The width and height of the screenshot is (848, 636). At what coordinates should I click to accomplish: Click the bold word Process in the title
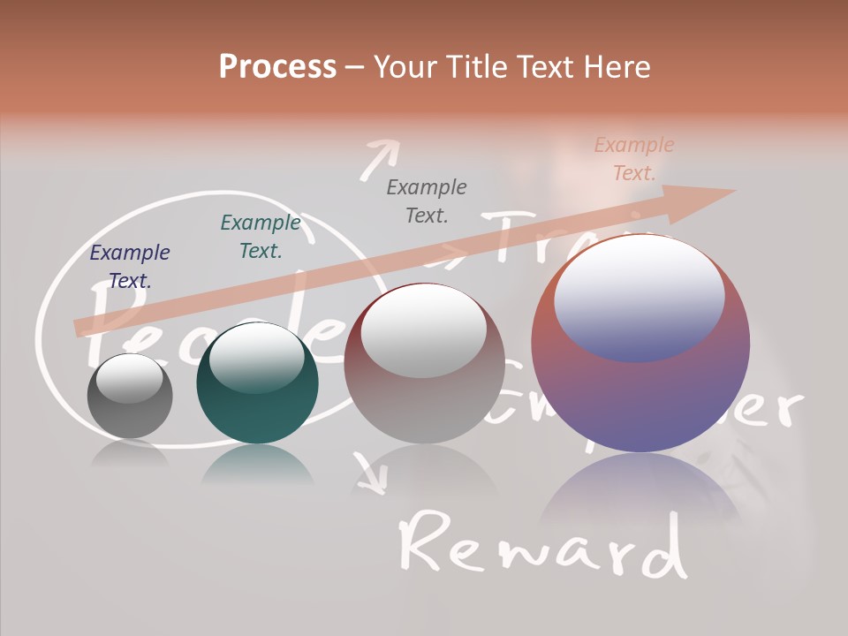(277, 67)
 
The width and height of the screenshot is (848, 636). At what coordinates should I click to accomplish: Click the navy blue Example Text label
(130, 267)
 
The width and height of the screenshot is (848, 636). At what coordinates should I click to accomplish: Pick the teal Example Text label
(260, 237)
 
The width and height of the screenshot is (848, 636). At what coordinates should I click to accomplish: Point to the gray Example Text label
(426, 201)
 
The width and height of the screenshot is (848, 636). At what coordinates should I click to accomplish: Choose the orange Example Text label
(633, 159)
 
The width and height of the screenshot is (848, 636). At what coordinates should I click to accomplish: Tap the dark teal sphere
(257, 384)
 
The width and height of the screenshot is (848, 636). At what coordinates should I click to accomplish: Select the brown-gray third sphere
(424, 364)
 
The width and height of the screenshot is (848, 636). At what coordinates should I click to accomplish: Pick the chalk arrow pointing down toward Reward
(371, 473)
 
